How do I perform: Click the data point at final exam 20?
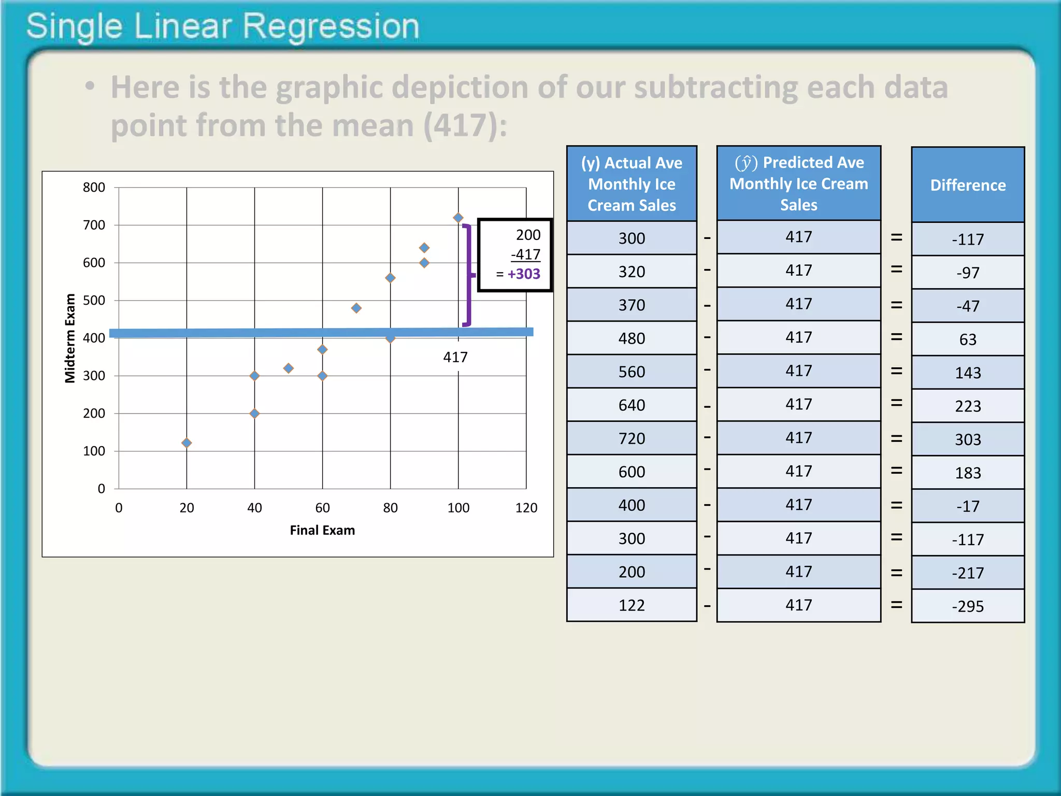tap(187, 443)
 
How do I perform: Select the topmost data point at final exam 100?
tap(458, 218)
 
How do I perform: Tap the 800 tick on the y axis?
tap(94, 187)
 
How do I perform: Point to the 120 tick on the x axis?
tap(526, 508)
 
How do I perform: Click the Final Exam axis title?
tap(322, 530)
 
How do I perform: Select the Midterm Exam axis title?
tap(70, 338)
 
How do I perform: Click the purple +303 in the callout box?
tap(524, 274)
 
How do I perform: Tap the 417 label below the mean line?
tap(455, 357)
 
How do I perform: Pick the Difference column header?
tap(968, 185)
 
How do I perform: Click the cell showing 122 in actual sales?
tap(632, 605)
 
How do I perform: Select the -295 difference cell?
tap(968, 606)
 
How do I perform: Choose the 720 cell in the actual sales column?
tap(632, 438)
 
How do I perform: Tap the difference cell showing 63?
tap(968, 339)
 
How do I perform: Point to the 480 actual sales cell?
tap(632, 338)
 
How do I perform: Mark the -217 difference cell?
tap(968, 573)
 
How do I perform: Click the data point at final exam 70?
tap(356, 308)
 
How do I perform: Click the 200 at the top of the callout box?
tap(528, 235)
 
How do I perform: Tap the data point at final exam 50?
tap(289, 368)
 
